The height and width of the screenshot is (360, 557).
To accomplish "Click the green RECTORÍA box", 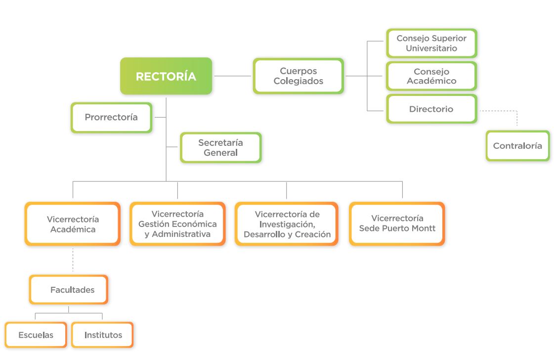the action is pos(166,76).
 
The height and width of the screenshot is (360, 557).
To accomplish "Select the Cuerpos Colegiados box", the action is pos(299,76).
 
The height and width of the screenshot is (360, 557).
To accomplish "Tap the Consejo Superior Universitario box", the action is pos(431,43).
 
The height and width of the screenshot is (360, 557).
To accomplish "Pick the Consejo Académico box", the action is pos(431,76).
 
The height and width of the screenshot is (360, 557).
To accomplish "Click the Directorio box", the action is pos(431,109).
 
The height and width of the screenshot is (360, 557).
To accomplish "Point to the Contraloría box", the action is pos(517,146).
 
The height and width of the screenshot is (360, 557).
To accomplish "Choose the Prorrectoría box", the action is pos(111,117).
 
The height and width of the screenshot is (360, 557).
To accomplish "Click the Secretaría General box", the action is pos(220,147).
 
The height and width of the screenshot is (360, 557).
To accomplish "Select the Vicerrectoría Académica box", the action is pos(73,224).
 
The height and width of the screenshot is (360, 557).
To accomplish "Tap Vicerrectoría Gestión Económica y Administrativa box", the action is pos(177,224).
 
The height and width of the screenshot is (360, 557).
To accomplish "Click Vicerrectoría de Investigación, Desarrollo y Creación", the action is pos(287,224).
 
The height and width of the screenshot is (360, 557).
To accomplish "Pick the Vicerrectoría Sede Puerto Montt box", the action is pos(397,224).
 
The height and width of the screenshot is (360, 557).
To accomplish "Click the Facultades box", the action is pos(69,290).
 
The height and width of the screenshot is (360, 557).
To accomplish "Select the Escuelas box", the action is pos(36,335).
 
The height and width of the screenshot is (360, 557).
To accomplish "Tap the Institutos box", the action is pos(102,335).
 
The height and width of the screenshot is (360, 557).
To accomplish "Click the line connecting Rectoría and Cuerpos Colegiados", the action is pos(233,76).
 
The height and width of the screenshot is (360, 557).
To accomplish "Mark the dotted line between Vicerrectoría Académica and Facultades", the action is pos(73,260).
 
